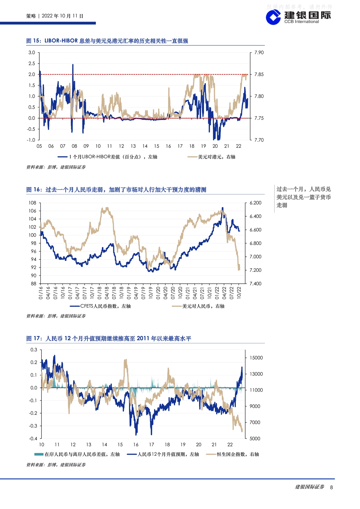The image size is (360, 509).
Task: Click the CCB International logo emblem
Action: (273, 17)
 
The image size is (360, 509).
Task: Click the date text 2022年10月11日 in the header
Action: (62, 16)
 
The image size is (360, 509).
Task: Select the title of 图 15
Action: (107, 41)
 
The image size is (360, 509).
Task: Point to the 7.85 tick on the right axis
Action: (259, 74)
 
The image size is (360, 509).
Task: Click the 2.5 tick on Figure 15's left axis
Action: (32, 63)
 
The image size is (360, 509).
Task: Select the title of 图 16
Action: (116, 190)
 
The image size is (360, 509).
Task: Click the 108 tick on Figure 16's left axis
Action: (32, 203)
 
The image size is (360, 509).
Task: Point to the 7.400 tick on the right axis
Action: (256, 283)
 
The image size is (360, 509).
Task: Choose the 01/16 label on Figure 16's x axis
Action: (41, 293)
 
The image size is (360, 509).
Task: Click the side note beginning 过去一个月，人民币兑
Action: (303, 197)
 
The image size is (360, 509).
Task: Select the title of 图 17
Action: (109, 338)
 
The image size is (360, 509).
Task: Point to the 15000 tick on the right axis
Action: (256, 358)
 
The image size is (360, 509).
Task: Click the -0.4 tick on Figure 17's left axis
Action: (33, 439)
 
